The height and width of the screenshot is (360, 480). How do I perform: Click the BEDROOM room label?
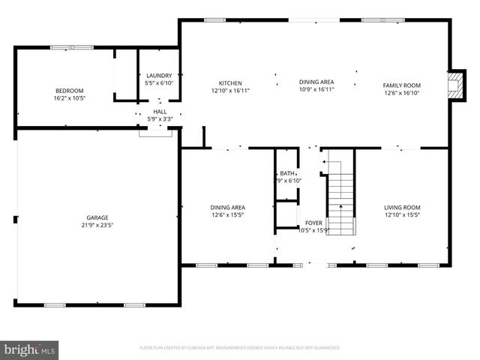coord(68,90)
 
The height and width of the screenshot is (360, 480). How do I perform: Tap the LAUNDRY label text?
coord(158,75)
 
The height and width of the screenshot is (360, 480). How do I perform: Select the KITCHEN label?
coord(230,82)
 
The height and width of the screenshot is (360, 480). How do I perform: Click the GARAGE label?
coord(97,217)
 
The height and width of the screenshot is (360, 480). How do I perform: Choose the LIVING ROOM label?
coord(402,207)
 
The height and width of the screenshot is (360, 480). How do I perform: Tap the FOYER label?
coord(313,223)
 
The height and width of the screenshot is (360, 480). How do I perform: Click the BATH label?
coord(288,173)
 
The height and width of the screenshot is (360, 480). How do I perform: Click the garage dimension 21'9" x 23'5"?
coord(97,225)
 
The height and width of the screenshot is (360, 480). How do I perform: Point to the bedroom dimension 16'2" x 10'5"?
coord(68,98)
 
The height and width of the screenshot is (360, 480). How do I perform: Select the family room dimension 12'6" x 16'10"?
coord(403,94)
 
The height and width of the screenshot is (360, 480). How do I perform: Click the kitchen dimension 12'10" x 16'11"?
coord(230,90)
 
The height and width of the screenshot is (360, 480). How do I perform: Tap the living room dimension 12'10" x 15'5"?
coord(402,214)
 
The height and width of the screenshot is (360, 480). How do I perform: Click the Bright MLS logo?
coord(30,349)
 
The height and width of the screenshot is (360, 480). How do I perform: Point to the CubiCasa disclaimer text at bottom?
coord(240,348)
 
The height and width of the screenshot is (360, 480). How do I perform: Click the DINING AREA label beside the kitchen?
coord(316,82)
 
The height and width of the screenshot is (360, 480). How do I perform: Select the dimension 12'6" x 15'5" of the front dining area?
coord(227,214)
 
